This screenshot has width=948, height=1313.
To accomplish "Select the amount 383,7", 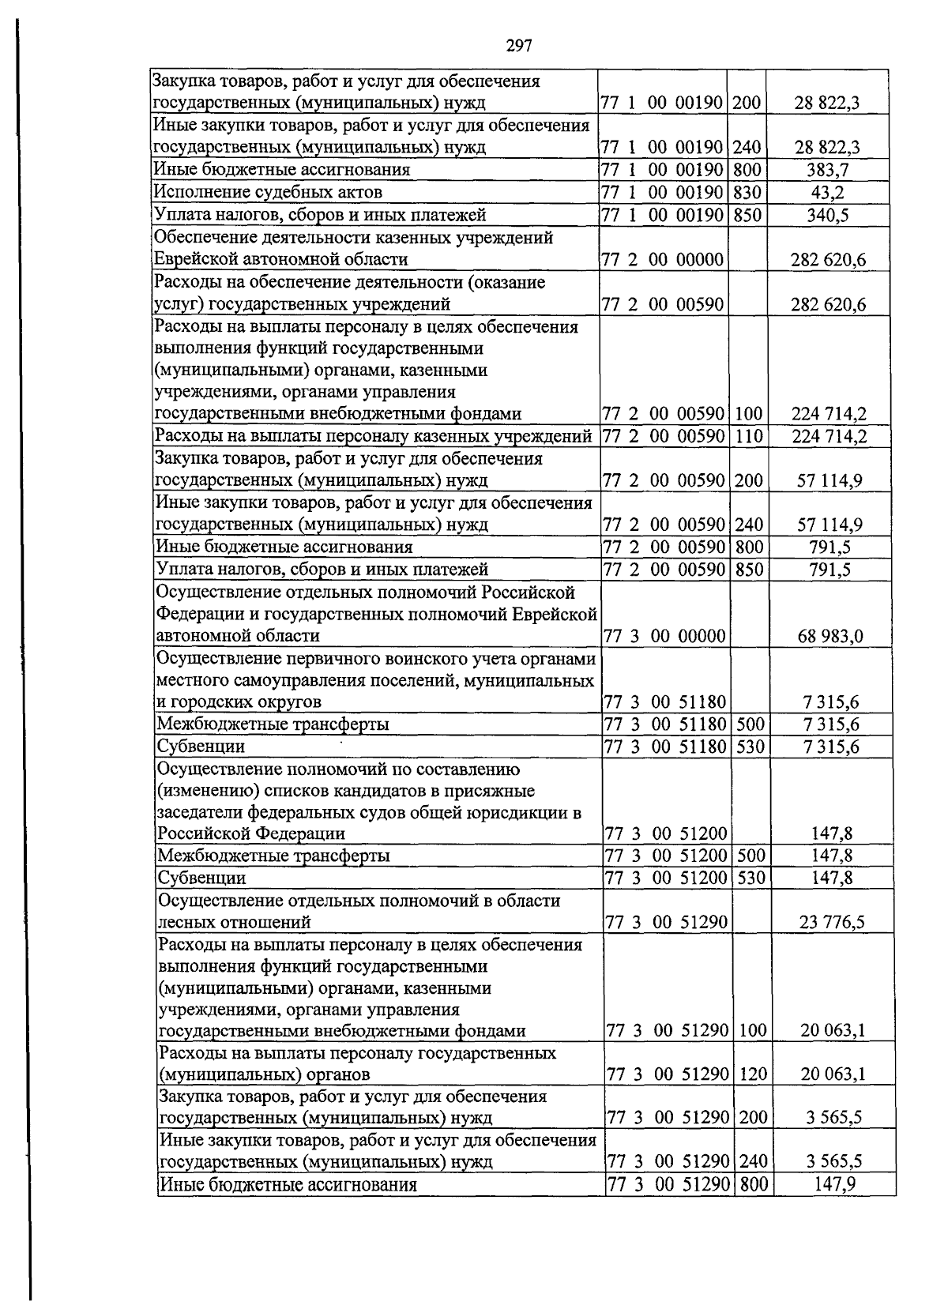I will click(x=828, y=170).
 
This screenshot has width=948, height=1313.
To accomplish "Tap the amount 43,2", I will click(x=828, y=192).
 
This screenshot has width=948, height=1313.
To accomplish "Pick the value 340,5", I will click(x=828, y=215).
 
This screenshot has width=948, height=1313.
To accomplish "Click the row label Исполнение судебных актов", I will click(x=269, y=192).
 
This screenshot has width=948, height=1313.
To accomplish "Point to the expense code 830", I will click(x=747, y=192).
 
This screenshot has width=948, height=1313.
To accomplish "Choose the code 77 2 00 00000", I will click(x=662, y=260).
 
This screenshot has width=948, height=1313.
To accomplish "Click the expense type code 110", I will click(x=749, y=436).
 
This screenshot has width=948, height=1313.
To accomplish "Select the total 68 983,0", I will click(x=830, y=636).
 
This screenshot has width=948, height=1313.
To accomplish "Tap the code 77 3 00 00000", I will click(x=664, y=636).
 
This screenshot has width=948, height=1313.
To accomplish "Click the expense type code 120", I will click(x=753, y=1074).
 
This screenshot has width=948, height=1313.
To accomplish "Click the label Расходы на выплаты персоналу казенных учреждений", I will click(x=374, y=436).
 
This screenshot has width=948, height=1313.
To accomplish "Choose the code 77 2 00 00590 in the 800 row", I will click(x=664, y=547).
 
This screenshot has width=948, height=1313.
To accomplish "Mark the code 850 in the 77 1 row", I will click(x=747, y=215).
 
